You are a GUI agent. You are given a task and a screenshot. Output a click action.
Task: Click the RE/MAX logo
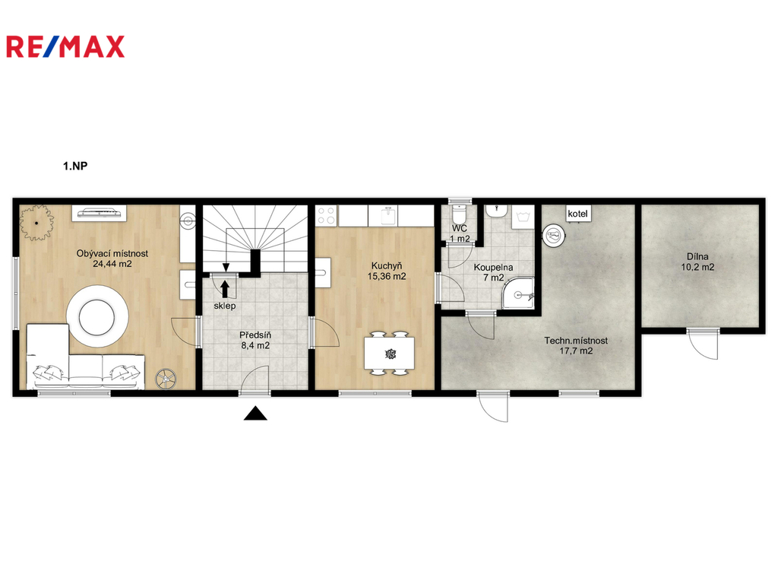pos(65,46)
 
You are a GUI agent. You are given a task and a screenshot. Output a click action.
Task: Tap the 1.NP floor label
pos(75,166)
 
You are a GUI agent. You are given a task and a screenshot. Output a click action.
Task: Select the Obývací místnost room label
pos(112,253)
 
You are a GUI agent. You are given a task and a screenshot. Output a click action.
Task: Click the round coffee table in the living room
pos(98,316)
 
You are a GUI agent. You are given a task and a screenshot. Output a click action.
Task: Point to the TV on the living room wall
pos(100,213)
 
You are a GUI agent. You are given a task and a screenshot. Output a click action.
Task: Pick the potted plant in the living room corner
pos(36,223)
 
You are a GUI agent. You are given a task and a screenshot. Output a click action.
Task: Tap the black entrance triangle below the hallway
pos(255,413)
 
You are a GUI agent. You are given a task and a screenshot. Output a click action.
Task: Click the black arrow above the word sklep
pos(225,289)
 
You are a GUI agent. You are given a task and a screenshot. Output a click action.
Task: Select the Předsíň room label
pos(255,335)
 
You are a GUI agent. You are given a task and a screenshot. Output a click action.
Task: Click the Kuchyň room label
pos(387,266)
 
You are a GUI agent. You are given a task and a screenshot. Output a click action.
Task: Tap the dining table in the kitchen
pos(390,353)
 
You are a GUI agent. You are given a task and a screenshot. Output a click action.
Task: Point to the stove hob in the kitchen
pos(327,216)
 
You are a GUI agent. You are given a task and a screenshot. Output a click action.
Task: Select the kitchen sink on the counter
pos(389,216)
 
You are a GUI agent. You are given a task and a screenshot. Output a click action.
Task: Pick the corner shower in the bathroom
pos(517,294)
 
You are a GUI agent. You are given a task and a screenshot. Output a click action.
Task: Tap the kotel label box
pos(577,214)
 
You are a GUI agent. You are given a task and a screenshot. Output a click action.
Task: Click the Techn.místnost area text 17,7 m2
pos(576,351)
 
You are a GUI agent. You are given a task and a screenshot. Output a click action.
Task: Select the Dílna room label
pos(697,257)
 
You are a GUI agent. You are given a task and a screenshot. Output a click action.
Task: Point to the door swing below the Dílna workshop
pos(703,344)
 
